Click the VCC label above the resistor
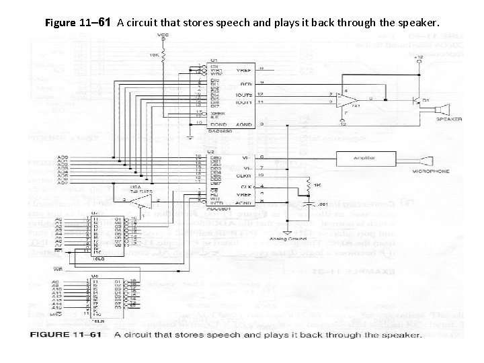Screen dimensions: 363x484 pyautogui.click(x=162, y=35)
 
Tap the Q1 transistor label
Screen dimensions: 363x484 pyautogui.click(x=425, y=101)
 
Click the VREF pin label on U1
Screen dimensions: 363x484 pyautogui.click(x=244, y=69)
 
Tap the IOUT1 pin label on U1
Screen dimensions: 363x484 pyautogui.click(x=244, y=102)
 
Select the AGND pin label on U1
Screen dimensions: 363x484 pyautogui.click(x=244, y=124)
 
